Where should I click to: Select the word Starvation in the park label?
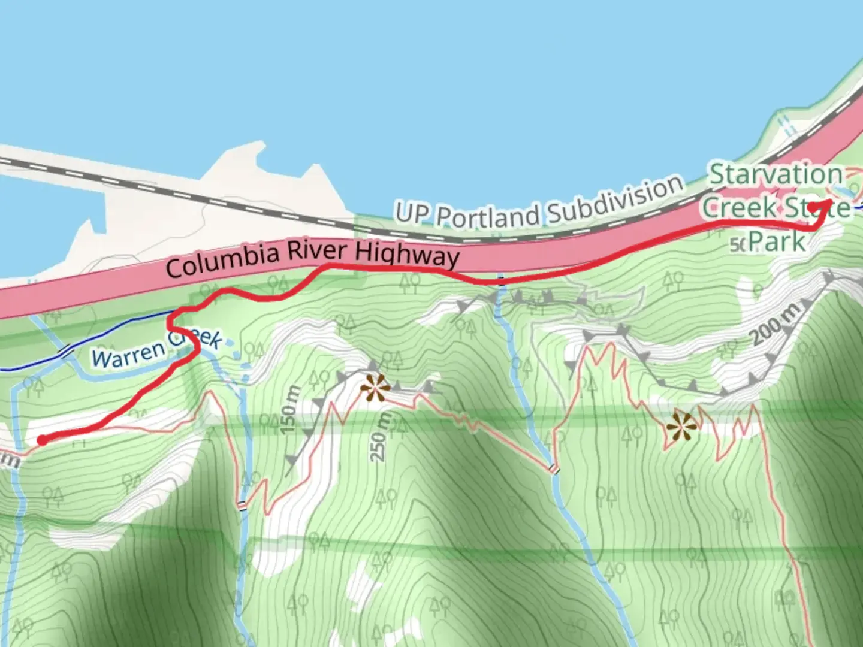pos(776,174)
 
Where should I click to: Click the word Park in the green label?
pos(777,242)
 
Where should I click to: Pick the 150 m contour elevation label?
pos(289,410)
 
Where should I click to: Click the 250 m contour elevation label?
pos(378,437)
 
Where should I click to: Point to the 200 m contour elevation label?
pos(776,323)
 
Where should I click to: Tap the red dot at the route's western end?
pos(42,440)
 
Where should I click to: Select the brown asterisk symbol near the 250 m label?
pos(375,388)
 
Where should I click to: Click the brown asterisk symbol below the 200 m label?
pos(683,425)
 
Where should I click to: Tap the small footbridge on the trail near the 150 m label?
pos(242,505)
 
